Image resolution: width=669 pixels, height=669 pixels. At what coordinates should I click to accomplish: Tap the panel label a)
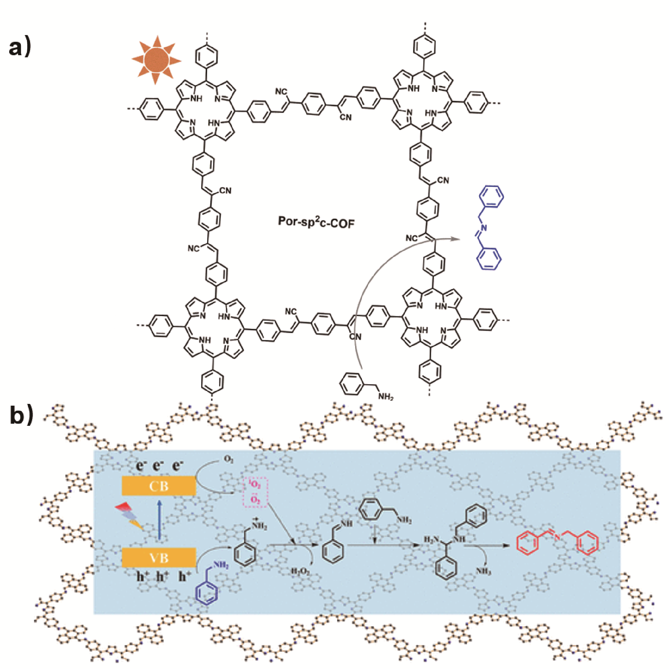[20, 47]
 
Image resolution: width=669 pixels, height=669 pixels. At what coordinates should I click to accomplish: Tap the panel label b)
[21, 415]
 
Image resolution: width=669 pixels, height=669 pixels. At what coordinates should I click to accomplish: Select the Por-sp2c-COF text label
[316, 222]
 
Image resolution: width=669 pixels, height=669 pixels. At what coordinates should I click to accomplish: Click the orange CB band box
[159, 486]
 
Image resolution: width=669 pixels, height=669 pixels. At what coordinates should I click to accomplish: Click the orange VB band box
[159, 558]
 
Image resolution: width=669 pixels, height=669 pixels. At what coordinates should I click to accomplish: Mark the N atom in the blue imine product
[484, 228]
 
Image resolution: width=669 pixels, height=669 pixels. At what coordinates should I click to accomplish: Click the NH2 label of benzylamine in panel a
[385, 396]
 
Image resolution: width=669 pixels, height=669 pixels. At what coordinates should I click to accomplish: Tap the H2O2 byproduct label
[300, 572]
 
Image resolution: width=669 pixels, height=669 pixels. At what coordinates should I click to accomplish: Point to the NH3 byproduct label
[483, 571]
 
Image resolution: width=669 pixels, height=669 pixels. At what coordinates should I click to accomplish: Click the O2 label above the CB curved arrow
[229, 459]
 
